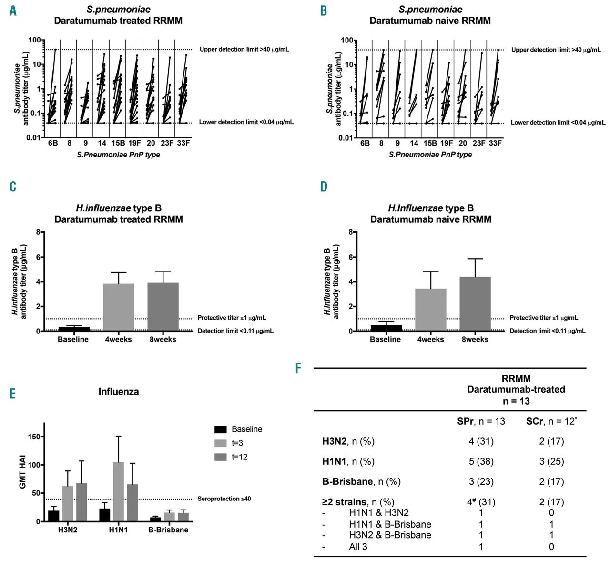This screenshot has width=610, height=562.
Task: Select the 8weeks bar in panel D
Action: (475, 303)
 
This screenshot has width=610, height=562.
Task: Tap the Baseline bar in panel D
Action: (386, 328)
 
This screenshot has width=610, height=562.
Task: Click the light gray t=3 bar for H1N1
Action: (119, 491)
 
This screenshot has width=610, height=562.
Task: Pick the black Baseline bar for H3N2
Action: (54, 516)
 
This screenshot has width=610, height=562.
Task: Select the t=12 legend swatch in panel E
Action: (221, 457)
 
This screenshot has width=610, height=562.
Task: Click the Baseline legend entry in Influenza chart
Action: (246, 429)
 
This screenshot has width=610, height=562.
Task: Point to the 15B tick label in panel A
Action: (118, 143)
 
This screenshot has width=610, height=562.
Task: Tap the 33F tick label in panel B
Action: (495, 143)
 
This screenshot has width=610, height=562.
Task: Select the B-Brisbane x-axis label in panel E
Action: (168, 530)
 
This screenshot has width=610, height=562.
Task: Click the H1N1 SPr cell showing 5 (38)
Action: (481, 461)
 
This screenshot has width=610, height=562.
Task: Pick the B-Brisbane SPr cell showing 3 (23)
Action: (481, 481)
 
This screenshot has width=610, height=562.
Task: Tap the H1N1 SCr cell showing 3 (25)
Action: (551, 461)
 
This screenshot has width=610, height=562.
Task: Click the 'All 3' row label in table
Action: (358, 547)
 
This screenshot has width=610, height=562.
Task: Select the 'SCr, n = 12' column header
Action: (551, 421)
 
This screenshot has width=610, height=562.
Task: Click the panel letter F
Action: (298, 368)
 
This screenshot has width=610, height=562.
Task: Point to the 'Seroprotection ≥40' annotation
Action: (224, 499)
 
